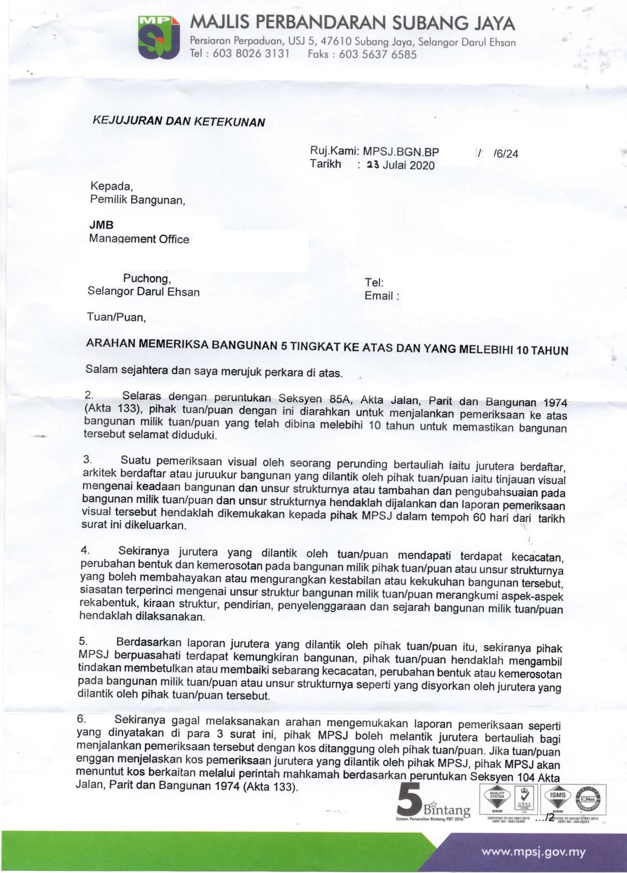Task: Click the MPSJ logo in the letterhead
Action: pyautogui.click(x=159, y=37)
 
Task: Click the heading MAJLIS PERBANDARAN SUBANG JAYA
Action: pyautogui.click(x=352, y=23)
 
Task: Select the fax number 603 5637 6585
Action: pyautogui.click(x=378, y=54)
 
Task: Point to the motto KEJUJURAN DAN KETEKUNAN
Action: pyautogui.click(x=179, y=121)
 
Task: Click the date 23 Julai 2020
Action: pyautogui.click(x=401, y=165)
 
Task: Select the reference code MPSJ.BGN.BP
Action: pyautogui.click(x=401, y=152)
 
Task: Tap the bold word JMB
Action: pyautogui.click(x=101, y=224)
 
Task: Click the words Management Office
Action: pyautogui.click(x=139, y=239)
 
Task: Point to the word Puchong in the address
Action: pyautogui.click(x=147, y=278)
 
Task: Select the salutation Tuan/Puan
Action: pyautogui.click(x=116, y=317)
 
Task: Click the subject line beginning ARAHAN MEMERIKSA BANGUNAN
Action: pyautogui.click(x=327, y=347)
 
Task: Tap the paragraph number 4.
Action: pyautogui.click(x=85, y=550)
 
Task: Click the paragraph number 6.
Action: pyautogui.click(x=81, y=719)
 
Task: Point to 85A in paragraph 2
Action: pyautogui.click(x=340, y=399)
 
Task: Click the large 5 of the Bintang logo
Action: pyautogui.click(x=409, y=799)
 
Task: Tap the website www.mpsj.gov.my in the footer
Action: pyautogui.click(x=533, y=851)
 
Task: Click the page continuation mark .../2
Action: pyautogui.click(x=545, y=818)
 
